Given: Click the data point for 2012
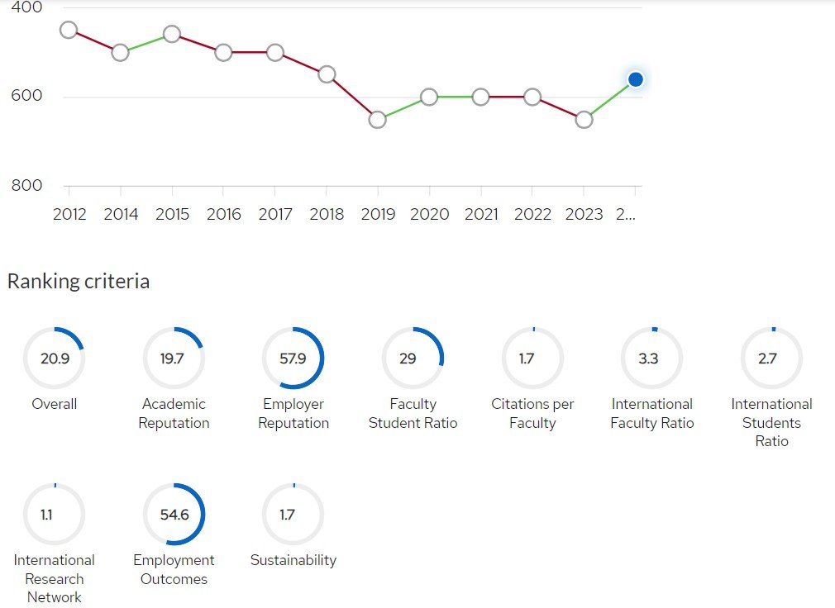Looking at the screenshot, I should pyautogui.click(x=69, y=31).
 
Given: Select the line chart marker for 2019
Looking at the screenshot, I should pyautogui.click(x=378, y=120).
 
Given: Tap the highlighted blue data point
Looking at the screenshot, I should pyautogui.click(x=635, y=79).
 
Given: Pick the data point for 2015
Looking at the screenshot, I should pyautogui.click(x=172, y=34).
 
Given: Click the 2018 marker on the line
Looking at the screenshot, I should pyautogui.click(x=327, y=74).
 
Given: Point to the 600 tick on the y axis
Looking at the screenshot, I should pyautogui.click(x=26, y=96).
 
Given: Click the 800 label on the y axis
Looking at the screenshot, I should pyautogui.click(x=26, y=186).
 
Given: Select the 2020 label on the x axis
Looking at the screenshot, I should pyautogui.click(x=429, y=215).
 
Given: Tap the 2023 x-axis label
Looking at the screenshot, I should pyautogui.click(x=584, y=215).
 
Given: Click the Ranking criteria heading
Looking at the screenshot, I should pyautogui.click(x=79, y=282).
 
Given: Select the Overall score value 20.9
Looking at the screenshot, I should pyautogui.click(x=55, y=359).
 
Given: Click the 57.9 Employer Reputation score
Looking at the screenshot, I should pyautogui.click(x=293, y=359).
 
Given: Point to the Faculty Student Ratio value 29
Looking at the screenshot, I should pyautogui.click(x=408, y=359).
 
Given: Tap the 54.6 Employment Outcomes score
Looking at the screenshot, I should pyautogui.click(x=174, y=515).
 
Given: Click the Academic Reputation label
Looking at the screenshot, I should pyautogui.click(x=174, y=413).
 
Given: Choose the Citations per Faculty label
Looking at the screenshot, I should pyautogui.click(x=532, y=413).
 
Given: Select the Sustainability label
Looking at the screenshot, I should pyautogui.click(x=293, y=560).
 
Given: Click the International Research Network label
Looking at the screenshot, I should pyautogui.click(x=55, y=578).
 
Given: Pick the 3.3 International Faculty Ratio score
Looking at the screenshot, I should pyautogui.click(x=649, y=359).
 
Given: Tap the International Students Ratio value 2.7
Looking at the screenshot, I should pyautogui.click(x=768, y=359).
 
